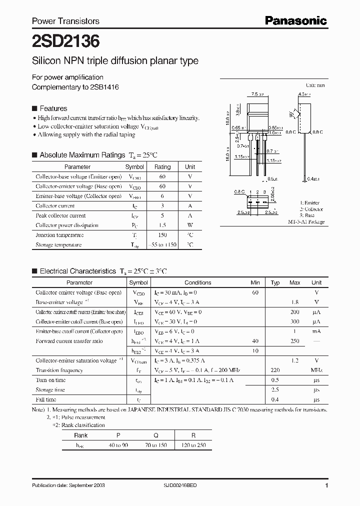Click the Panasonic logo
(295, 20)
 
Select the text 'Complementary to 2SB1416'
(75, 87)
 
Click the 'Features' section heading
(53, 108)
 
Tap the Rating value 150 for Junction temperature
(162, 235)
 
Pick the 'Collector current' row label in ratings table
(55, 206)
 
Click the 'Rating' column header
(162, 167)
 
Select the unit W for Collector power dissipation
(190, 225)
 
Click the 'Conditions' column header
(198, 282)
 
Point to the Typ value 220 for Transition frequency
(275, 370)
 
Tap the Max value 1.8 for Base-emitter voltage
(295, 302)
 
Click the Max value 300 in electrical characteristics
(294, 322)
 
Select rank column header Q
(155, 435)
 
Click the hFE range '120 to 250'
(194, 445)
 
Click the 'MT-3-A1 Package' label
(306, 221)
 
